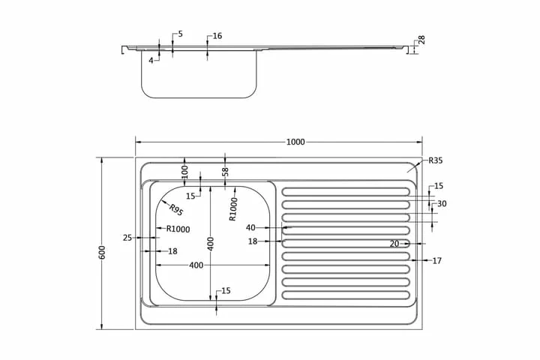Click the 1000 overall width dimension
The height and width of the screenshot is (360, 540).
[295, 142]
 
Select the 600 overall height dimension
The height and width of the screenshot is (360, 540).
[103, 252]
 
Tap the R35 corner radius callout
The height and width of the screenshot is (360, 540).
[436, 160]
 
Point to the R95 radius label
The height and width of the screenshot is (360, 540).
[176, 210]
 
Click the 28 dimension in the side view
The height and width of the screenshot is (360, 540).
[421, 40]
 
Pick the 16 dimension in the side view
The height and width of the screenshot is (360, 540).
[217, 36]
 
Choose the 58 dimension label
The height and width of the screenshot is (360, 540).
[225, 171]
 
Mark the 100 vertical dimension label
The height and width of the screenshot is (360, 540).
[184, 171]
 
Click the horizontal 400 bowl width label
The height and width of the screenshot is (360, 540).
[196, 265]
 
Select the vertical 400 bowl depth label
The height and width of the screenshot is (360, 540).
[211, 243]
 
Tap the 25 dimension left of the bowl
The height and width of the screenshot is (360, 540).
[127, 238]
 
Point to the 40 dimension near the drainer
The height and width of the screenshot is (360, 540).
[250, 227]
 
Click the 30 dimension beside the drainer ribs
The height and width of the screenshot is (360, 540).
[442, 204]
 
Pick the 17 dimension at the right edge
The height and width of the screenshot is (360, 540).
[437, 261]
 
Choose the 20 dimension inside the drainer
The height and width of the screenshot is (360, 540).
[394, 243]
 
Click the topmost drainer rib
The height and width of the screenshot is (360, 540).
[346, 192]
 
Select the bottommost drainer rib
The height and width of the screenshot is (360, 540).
[346, 295]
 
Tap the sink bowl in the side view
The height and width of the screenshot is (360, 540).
[199, 75]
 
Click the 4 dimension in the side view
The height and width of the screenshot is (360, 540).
[151, 60]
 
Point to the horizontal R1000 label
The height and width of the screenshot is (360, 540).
[178, 229]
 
